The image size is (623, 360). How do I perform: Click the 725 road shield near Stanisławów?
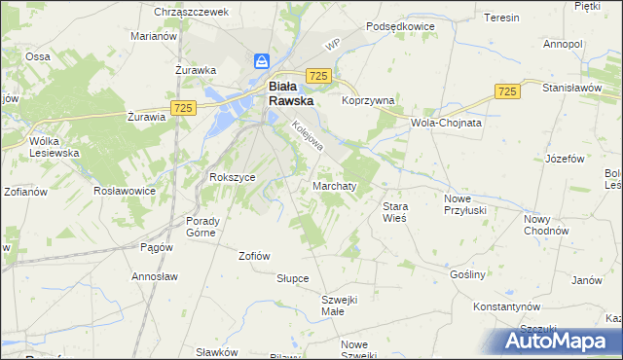point(505,90)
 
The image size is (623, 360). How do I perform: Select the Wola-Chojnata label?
point(447,124)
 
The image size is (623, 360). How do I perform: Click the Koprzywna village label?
point(367,99)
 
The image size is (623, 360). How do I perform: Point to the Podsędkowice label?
point(398,27)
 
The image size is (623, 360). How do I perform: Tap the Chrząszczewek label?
point(191,12)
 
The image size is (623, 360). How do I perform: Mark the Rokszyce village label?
point(233,177)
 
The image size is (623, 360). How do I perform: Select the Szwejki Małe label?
point(341,306)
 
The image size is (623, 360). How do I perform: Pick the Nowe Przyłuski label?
point(463,204)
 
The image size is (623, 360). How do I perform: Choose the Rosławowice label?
point(125,191)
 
